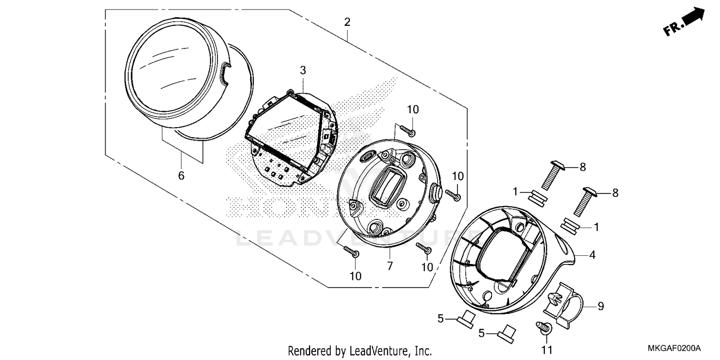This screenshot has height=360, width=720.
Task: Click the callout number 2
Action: tap(347, 22)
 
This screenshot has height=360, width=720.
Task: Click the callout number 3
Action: tap(303, 71)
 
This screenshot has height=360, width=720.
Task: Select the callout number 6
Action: tap(181, 176)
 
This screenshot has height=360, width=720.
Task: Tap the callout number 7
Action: tap(390, 265)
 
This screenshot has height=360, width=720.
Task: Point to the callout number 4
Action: tap(592, 255)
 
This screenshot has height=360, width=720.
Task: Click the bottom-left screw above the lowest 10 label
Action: tap(351, 251)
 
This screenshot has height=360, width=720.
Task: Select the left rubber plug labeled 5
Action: tap(466, 317)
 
